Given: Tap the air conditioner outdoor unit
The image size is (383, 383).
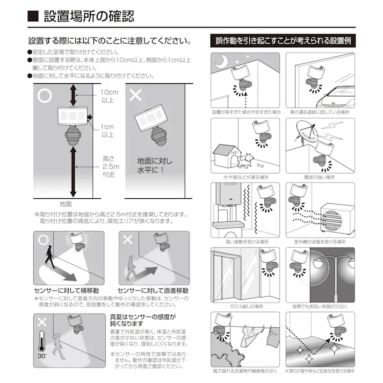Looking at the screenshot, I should (x=335, y=219).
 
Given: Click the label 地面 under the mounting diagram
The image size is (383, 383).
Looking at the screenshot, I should (x=66, y=204).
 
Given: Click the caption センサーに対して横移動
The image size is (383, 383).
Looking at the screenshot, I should (x=66, y=290).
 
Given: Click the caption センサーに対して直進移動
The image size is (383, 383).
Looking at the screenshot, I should (x=153, y=290).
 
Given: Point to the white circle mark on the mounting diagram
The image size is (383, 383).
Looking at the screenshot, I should (x=45, y=96).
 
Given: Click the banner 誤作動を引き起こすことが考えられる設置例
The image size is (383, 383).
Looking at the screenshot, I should (x=283, y=40).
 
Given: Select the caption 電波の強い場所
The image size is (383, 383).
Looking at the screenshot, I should (x=320, y=177).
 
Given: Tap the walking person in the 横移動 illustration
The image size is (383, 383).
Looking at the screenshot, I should (x=50, y=261).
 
